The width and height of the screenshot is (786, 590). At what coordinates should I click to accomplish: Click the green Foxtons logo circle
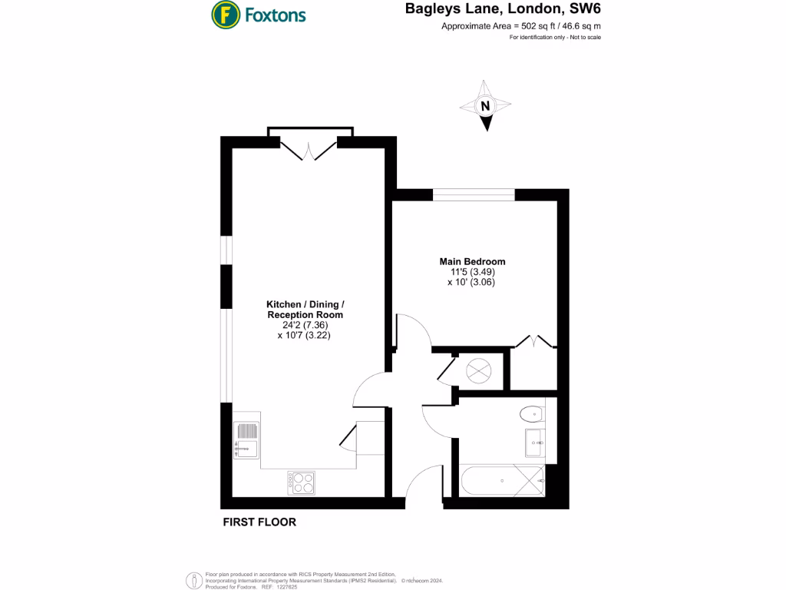pyautogui.click(x=225, y=14)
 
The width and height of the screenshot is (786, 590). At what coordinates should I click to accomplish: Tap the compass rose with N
pyautogui.click(x=485, y=107)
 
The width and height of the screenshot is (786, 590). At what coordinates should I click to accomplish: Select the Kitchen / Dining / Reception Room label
pyautogui.click(x=305, y=310)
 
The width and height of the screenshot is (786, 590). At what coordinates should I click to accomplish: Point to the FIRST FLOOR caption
pyautogui.click(x=259, y=522)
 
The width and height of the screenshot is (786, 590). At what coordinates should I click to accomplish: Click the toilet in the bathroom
pyautogui.click(x=531, y=414)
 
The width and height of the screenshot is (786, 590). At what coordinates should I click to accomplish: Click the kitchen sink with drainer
pyautogui.click(x=247, y=440)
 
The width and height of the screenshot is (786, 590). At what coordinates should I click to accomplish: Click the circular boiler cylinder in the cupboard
pyautogui.click(x=479, y=370)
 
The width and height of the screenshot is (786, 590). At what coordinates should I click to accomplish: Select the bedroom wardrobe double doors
pyautogui.click(x=533, y=341)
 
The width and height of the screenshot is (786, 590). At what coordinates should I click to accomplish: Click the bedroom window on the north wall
pyautogui.click(x=474, y=194)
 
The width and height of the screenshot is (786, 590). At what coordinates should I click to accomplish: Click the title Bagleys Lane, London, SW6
pyautogui.click(x=502, y=11)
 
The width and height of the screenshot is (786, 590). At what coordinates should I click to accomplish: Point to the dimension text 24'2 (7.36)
pyautogui.click(x=305, y=325)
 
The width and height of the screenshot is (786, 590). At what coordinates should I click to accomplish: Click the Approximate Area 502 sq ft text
pyautogui.click(x=521, y=27)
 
